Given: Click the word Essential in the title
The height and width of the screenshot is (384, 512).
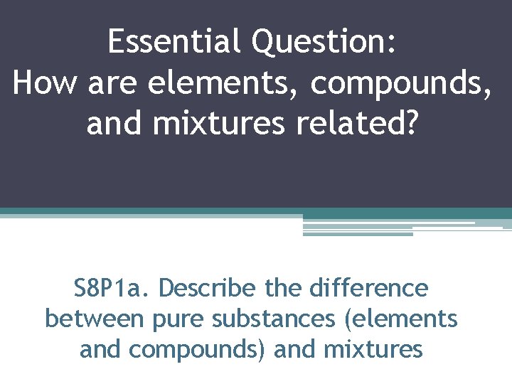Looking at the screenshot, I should pos(175,43).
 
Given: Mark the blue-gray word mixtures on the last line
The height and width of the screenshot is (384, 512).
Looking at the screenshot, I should pos(373,349).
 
